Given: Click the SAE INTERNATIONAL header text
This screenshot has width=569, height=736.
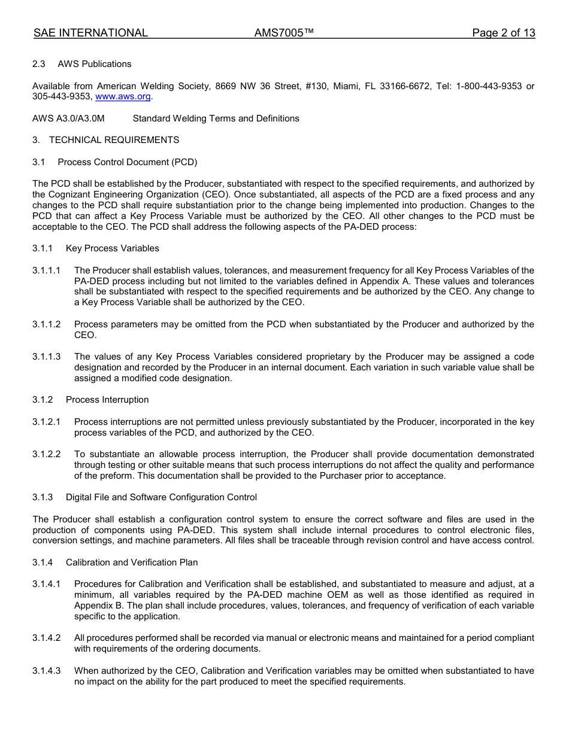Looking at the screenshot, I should [90, 33].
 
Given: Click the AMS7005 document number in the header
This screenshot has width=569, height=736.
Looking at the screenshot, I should [284, 33].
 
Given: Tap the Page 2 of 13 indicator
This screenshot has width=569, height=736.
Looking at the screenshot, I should [503, 33].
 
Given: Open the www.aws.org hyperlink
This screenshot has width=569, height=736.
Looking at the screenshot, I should [123, 97].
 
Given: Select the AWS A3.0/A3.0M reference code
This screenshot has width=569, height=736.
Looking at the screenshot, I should [68, 118].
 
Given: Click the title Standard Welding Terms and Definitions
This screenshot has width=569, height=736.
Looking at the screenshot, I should [216, 118].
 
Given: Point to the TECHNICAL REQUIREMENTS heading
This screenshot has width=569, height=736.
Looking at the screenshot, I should [114, 140].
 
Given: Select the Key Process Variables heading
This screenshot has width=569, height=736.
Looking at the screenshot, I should [113, 248].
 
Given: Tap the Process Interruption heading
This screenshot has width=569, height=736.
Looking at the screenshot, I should [107, 400].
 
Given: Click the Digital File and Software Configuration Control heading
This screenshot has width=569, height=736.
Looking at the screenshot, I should [161, 497].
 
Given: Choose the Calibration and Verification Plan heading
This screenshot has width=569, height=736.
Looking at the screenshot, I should [132, 562].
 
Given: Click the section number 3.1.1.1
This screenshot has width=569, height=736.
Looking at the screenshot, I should [47, 270].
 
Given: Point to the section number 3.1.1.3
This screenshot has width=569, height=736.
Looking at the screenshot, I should [47, 357].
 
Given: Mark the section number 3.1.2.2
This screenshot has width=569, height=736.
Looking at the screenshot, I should [47, 454].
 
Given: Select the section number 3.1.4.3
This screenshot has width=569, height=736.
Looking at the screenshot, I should [47, 671].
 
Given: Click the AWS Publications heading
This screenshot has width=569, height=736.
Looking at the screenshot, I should [95, 64].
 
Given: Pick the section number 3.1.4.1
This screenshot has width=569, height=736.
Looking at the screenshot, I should [47, 584].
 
